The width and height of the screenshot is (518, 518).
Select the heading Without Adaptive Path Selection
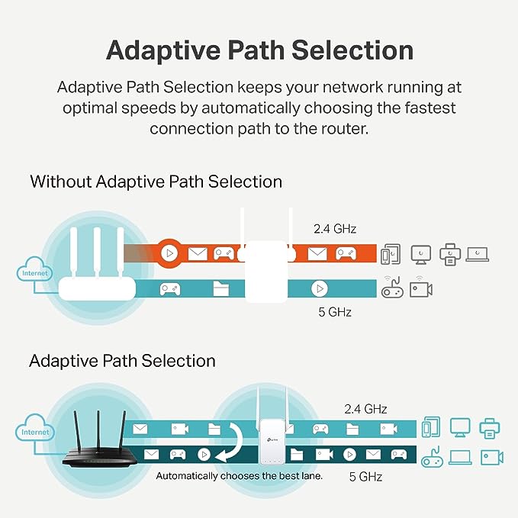click(156, 182)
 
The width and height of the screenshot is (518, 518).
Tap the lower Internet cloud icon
click(34, 431)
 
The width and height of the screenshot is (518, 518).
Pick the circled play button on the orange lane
click(169, 253)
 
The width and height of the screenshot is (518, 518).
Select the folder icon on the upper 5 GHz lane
click(221, 289)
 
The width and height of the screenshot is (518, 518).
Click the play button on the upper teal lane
click(319, 289)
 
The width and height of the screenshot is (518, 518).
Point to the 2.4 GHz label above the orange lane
click(335, 228)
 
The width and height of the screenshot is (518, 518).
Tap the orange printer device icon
click(450, 254)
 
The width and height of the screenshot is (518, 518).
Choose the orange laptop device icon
click(478, 253)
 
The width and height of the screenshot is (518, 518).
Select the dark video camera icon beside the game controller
click(420, 289)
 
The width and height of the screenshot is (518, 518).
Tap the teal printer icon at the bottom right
click(490, 428)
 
